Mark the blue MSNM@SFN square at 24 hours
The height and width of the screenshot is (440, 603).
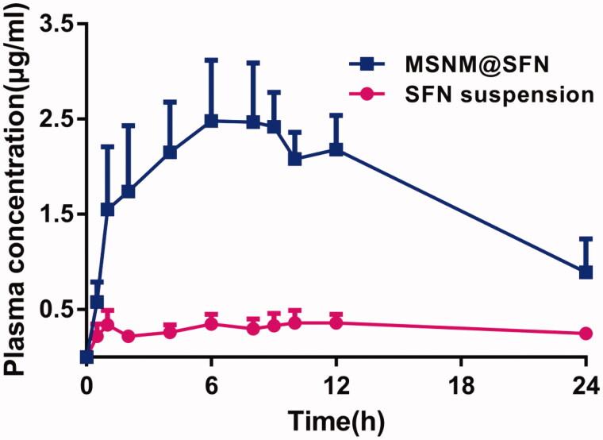(586, 272)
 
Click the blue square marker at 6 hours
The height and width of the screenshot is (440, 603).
(211, 121)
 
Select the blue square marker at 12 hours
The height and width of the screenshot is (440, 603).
(336, 149)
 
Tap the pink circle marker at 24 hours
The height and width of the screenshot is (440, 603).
(586, 334)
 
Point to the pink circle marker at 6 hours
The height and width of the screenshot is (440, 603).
(211, 323)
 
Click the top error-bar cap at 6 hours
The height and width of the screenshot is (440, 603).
(211, 60)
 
